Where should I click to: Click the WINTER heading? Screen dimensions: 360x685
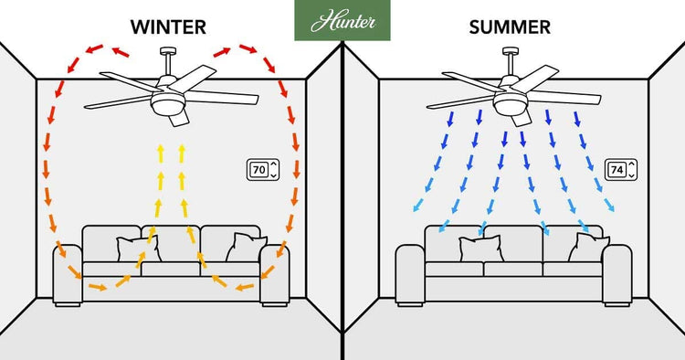click(x=171, y=26)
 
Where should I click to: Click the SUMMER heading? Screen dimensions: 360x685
click(x=510, y=26)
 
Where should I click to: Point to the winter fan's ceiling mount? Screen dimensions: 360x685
click(x=170, y=52)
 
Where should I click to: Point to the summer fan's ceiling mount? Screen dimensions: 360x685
click(x=509, y=52)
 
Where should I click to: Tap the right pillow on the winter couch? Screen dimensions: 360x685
click(x=247, y=247)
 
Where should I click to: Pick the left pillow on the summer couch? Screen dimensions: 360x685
click(x=479, y=249)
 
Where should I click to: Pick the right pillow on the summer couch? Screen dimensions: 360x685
click(x=589, y=247)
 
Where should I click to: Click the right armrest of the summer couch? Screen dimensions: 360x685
click(x=617, y=274)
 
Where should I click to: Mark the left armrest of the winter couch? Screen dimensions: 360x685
click(x=67, y=274)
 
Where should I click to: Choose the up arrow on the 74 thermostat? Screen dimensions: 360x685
click(x=630, y=164)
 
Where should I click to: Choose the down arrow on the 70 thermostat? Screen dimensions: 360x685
click(x=273, y=175)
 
